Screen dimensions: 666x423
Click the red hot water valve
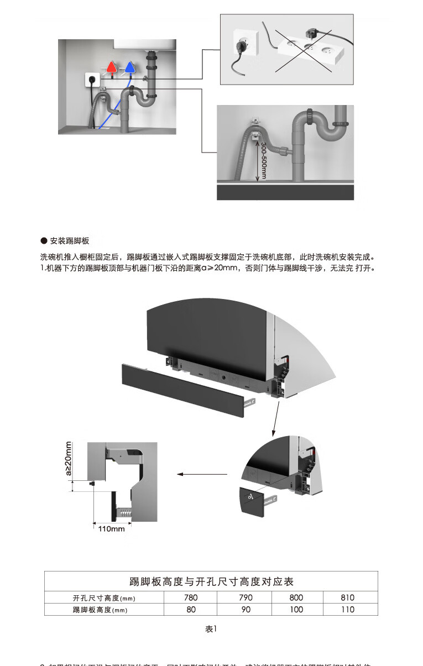click(112, 67)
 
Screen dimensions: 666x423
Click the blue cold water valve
click(129, 67)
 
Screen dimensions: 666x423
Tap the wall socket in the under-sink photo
click(92, 80)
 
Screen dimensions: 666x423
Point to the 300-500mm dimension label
click(264, 160)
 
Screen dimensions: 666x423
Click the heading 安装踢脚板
click(69, 241)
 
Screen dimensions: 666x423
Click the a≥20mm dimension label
click(69, 458)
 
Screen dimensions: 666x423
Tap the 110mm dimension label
click(111, 529)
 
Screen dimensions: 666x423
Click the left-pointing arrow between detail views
click(201, 474)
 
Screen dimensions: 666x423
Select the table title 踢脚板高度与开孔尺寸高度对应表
click(211, 581)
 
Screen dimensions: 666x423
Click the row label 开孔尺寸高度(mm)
click(104, 598)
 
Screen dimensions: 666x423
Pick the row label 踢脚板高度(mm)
click(104, 610)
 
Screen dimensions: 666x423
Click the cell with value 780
click(191, 597)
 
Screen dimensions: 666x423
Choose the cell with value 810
click(348, 597)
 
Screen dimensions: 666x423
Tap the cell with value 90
click(246, 610)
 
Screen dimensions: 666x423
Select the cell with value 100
click(296, 610)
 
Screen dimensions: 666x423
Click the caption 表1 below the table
click(211, 629)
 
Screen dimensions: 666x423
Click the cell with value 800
click(296, 597)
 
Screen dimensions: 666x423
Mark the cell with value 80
click(191, 610)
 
